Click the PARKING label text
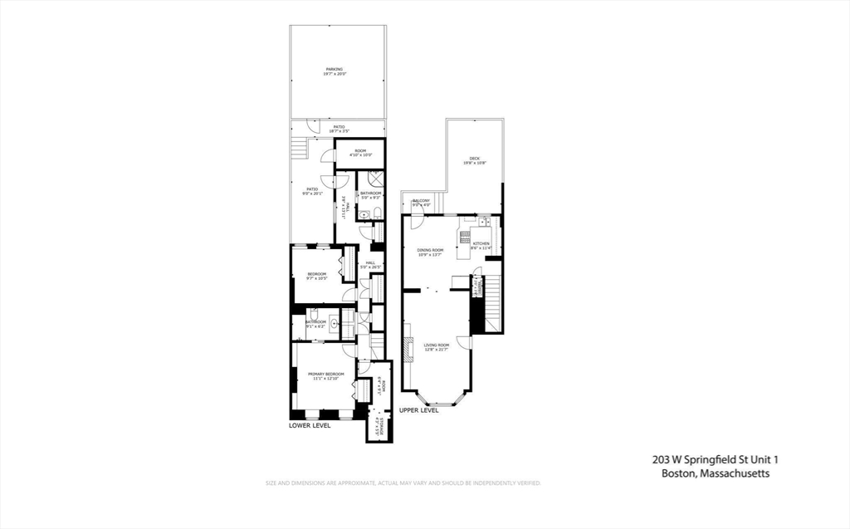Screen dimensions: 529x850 pyautogui.click(x=334, y=70)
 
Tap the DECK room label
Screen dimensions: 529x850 pyautogui.click(x=474, y=159)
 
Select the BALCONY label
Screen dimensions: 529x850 pyautogui.click(x=422, y=201)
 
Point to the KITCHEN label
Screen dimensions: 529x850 pyautogui.click(x=481, y=243)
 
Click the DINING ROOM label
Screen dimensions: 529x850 pyautogui.click(x=430, y=250)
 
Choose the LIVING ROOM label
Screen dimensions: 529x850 pyautogui.click(x=436, y=345)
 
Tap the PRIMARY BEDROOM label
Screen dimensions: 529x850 pyautogui.click(x=326, y=375)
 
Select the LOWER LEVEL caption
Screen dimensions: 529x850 pyautogui.click(x=310, y=425)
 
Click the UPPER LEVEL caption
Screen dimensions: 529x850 pyautogui.click(x=419, y=410)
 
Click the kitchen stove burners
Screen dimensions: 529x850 pyautogui.click(x=481, y=223)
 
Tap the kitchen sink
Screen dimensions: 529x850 pyautogui.click(x=462, y=232)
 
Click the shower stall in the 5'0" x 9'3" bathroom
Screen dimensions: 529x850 pyautogui.click(x=374, y=176)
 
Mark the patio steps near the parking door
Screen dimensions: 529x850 pyautogui.click(x=298, y=149)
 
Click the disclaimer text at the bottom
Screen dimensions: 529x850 pyautogui.click(x=403, y=483)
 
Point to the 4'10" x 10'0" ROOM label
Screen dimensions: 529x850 pyautogui.click(x=360, y=153)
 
